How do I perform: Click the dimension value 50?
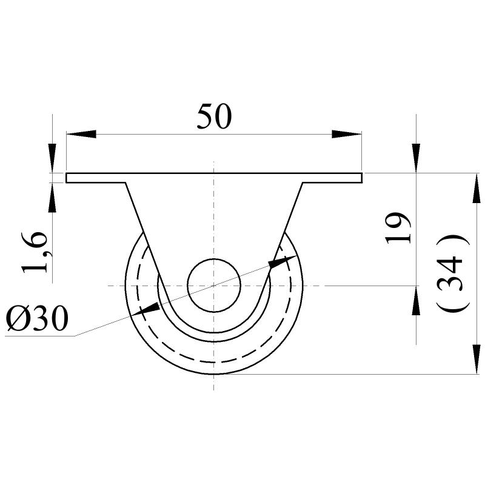click(x=213, y=116)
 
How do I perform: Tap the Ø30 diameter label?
click(x=36, y=318)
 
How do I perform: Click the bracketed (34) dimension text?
click(x=453, y=273)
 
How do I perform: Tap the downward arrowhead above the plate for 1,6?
click(x=52, y=159)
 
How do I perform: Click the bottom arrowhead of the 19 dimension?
click(x=416, y=300)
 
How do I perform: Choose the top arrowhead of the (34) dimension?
click(x=473, y=188)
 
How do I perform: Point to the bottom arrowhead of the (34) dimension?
click(x=473, y=360)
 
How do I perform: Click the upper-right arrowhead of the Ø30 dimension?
click(x=280, y=261)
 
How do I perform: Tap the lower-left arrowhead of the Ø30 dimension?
click(x=147, y=309)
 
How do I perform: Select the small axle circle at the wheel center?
click(x=214, y=285)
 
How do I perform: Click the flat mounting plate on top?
click(x=214, y=178)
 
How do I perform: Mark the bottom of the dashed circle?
click(x=214, y=363)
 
